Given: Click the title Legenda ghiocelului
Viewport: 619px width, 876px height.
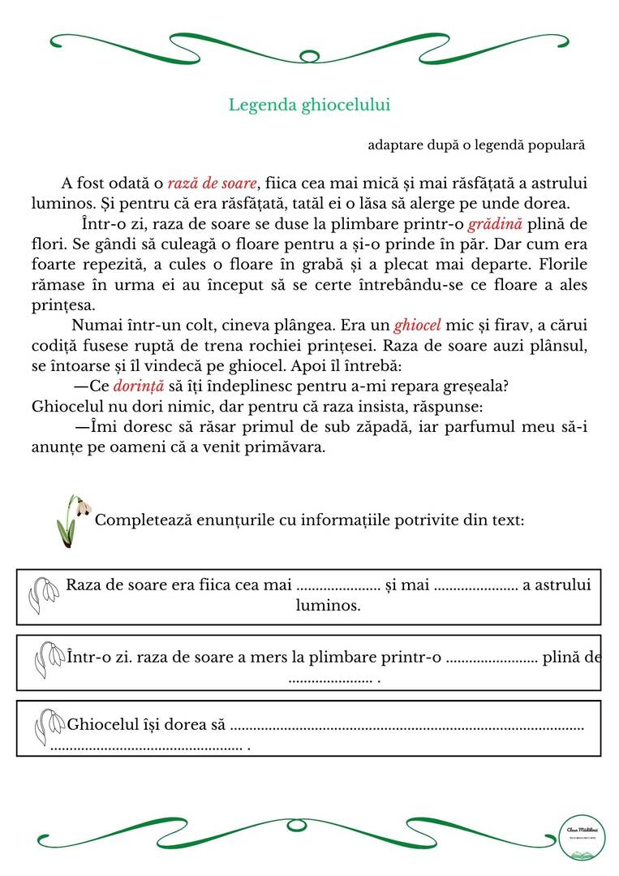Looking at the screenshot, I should tap(309, 105).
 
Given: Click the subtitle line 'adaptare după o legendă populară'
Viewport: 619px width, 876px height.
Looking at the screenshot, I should tap(476, 145).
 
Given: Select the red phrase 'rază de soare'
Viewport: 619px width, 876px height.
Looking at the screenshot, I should tap(212, 183).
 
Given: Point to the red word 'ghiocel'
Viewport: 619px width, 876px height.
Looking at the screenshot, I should tap(418, 326).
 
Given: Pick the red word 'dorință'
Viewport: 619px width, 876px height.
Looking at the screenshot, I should tap(139, 386).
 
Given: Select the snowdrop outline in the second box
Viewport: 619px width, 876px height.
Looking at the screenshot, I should tap(50, 658).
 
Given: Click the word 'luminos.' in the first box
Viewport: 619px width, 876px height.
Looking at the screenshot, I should tap(329, 606).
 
